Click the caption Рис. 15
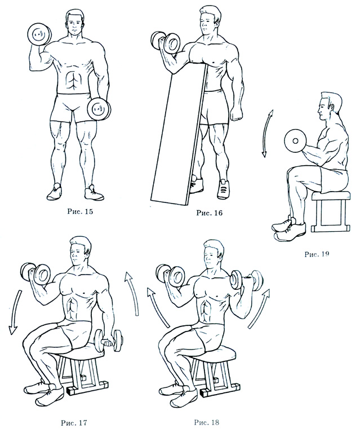coord(80,212)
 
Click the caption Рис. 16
coord(209,213)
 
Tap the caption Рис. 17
coord(74,423)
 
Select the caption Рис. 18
coord(207,422)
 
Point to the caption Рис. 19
coord(317,254)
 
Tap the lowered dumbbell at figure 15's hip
coord(99,109)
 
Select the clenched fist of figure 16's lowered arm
coord(237,114)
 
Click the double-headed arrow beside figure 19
coord(266,134)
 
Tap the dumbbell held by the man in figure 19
coord(295,142)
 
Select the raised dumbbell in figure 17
coord(35,273)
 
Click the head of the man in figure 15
coord(74,21)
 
